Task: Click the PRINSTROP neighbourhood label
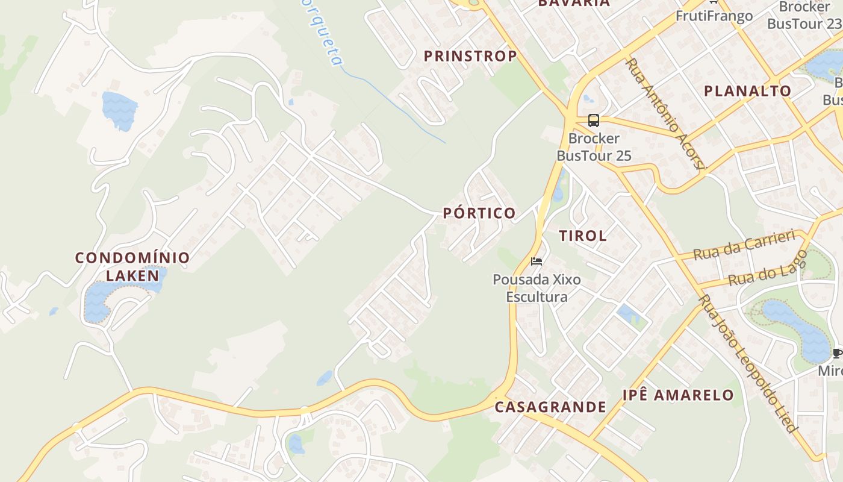coord(470,56)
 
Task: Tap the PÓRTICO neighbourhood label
coord(479,213)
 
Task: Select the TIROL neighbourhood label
coord(583,236)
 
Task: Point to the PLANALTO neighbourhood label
coord(747,91)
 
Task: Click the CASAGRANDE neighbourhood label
coord(550,407)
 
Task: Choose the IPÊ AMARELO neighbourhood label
coord(678,395)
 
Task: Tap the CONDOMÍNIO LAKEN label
coord(132,266)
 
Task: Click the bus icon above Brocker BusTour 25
coord(594,120)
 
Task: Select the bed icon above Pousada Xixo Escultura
coord(537,261)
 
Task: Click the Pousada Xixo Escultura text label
coord(537,288)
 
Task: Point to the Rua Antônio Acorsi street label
coord(665,113)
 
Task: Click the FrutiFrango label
coord(714,16)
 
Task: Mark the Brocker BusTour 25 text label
coord(594,147)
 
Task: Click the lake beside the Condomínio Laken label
coord(99,299)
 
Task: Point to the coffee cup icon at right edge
coord(837,353)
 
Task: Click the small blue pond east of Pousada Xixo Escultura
coord(628,314)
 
